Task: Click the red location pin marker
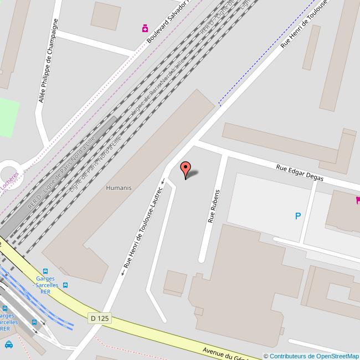(186, 168)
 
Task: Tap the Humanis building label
(119, 188)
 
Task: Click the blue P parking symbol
(298, 217)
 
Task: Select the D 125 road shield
(100, 318)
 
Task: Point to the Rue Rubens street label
(214, 206)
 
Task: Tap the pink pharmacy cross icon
(145, 28)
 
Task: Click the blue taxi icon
(8, 344)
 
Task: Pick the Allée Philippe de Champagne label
(48, 60)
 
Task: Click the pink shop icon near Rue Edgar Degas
(358, 200)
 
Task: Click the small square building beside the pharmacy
(105, 16)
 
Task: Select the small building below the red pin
(175, 282)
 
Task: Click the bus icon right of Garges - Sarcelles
(66, 285)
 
